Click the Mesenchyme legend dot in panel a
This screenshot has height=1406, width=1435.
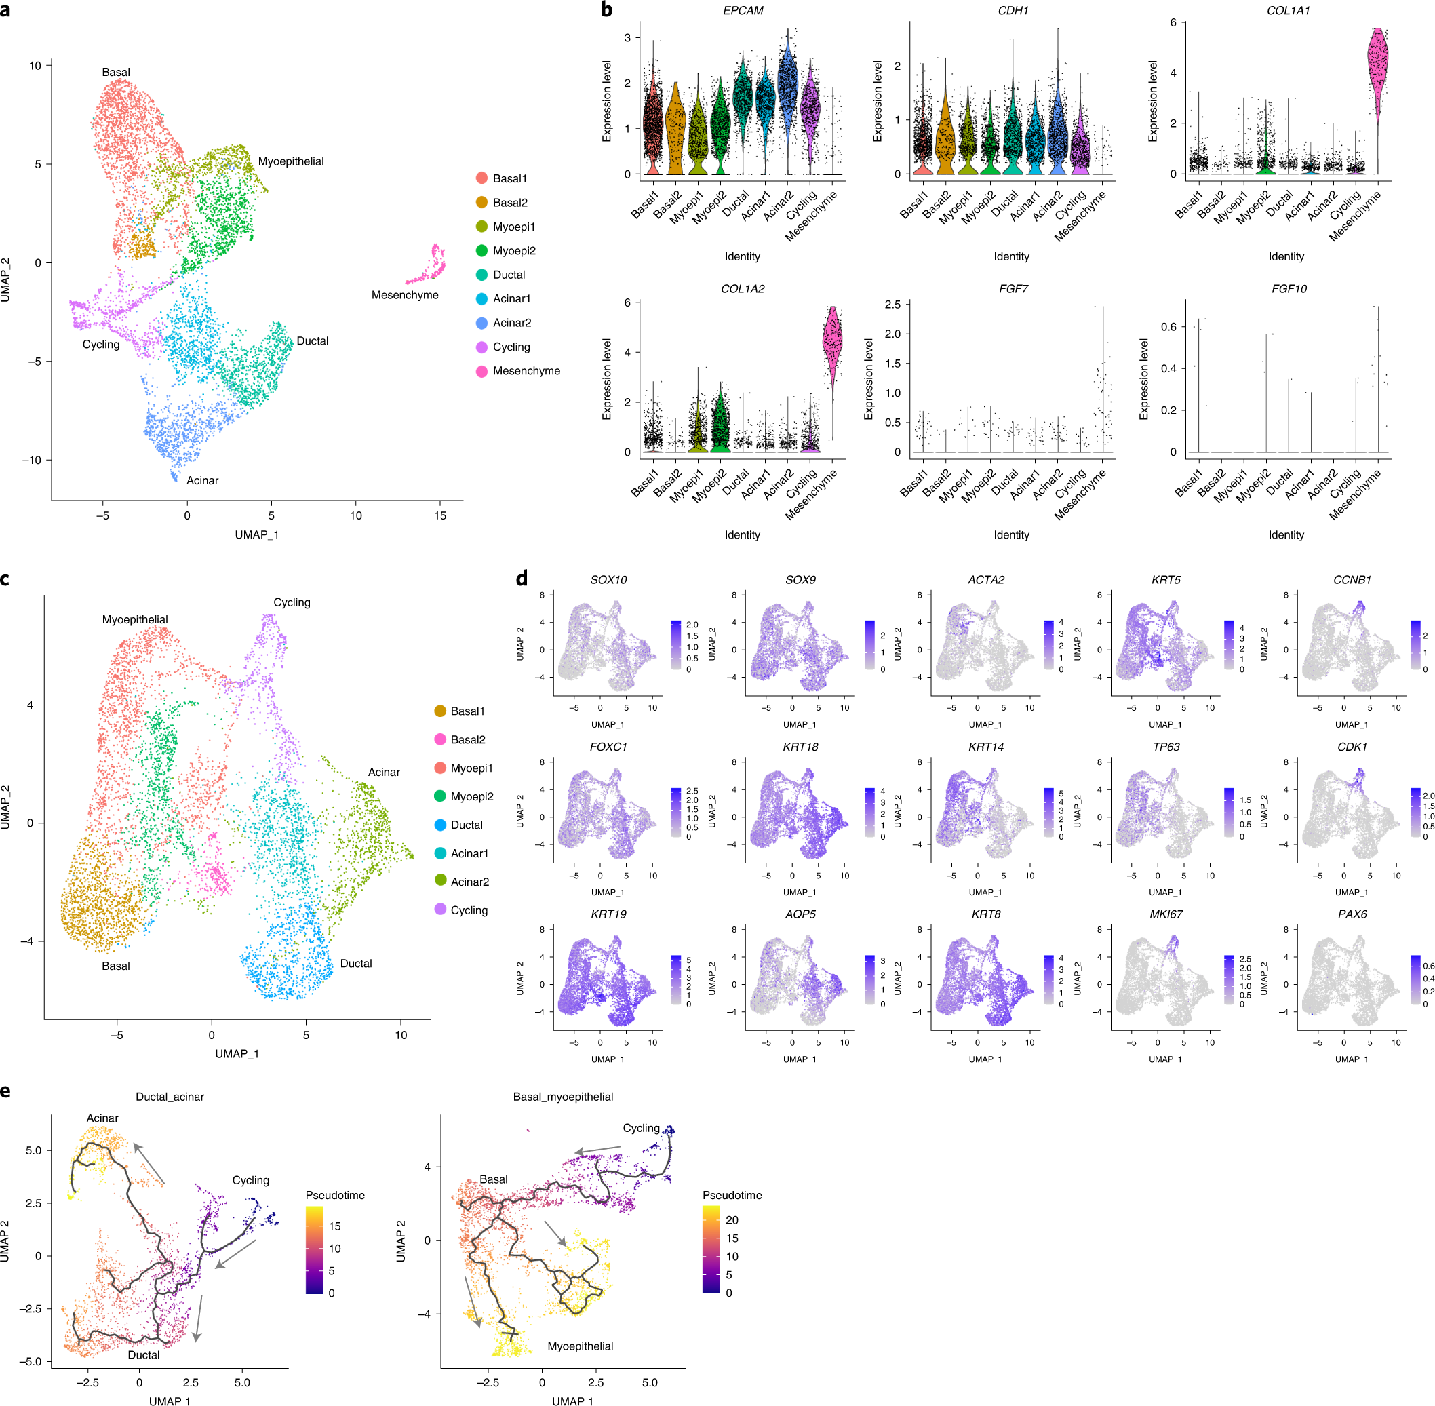coord(481,371)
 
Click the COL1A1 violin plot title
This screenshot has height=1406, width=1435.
coord(1288,10)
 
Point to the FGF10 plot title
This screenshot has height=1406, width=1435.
coord(1288,289)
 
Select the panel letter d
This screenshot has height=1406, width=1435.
coord(522,578)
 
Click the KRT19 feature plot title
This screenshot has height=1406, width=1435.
coord(608,914)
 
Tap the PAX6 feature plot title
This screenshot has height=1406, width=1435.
coord(1352,914)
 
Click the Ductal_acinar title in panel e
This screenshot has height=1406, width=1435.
coord(170,1097)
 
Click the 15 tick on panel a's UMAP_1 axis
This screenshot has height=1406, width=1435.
coord(440,515)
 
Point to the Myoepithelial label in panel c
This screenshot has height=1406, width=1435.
coord(135,619)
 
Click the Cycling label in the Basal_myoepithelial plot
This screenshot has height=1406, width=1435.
coord(641,1128)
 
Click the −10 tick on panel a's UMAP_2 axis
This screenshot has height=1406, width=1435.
coord(32,460)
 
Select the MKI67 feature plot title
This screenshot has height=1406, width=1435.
coord(1166,914)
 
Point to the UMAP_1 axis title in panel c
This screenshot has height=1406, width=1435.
coord(236,1054)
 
